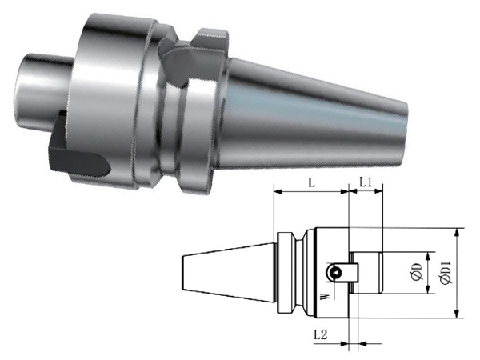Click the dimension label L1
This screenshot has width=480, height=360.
366,183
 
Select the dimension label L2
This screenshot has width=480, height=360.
321,334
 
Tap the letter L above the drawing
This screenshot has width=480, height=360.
312,183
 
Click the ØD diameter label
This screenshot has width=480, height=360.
417,272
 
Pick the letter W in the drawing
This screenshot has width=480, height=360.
326,296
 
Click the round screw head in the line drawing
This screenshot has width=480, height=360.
334,272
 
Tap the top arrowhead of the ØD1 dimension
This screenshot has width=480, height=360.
457,232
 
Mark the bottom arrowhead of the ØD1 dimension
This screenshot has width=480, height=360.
457,314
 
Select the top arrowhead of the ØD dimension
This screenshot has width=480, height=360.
428,257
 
